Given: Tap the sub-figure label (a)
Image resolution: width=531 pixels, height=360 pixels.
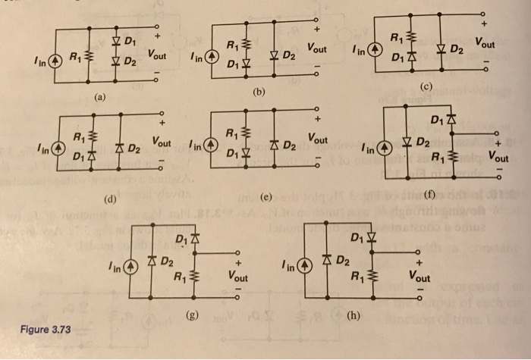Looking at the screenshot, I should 99,98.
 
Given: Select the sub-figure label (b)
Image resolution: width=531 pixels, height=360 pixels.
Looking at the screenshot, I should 259,92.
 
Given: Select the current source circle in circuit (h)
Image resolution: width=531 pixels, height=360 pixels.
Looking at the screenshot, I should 304,265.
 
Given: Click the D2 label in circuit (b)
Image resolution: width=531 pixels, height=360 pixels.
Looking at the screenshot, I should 288,56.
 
